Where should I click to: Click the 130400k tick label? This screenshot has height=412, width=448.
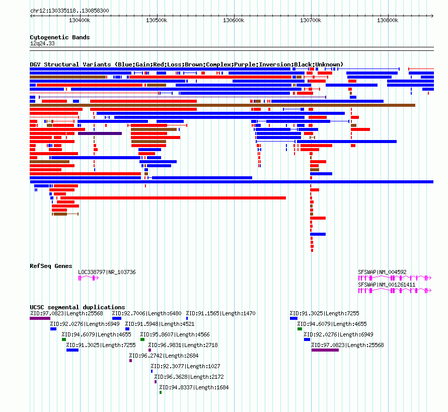click(x=80, y=20)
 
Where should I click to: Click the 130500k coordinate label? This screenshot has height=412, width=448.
click(x=157, y=20)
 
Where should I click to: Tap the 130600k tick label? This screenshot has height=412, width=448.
click(x=234, y=20)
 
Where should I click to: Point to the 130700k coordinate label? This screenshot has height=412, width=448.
click(x=311, y=20)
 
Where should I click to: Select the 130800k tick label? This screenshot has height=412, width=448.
click(x=388, y=20)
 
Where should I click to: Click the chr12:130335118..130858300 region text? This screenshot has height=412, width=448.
click(x=69, y=11)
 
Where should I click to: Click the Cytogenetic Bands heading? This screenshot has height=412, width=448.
click(x=60, y=37)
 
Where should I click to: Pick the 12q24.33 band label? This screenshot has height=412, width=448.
click(x=42, y=44)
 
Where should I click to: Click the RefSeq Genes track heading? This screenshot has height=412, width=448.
click(x=51, y=266)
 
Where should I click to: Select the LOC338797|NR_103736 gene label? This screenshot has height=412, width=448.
click(x=107, y=272)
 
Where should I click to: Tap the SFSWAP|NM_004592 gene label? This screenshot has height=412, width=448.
click(x=382, y=272)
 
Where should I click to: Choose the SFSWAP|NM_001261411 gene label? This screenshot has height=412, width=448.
click(x=387, y=285)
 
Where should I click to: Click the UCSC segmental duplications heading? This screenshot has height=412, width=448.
click(x=78, y=307)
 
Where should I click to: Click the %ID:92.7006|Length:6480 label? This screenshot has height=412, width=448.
click(x=147, y=314)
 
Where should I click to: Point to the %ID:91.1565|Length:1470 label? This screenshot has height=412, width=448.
click(x=221, y=314)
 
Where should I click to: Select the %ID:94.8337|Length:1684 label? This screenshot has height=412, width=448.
click(x=194, y=388)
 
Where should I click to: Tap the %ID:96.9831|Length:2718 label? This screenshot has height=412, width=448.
click(x=183, y=346)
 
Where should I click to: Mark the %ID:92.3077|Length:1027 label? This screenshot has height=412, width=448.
click(x=185, y=367)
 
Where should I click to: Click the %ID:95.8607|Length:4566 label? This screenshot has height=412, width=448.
click(x=175, y=335)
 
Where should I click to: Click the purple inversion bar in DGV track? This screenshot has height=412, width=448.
click(x=100, y=133)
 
